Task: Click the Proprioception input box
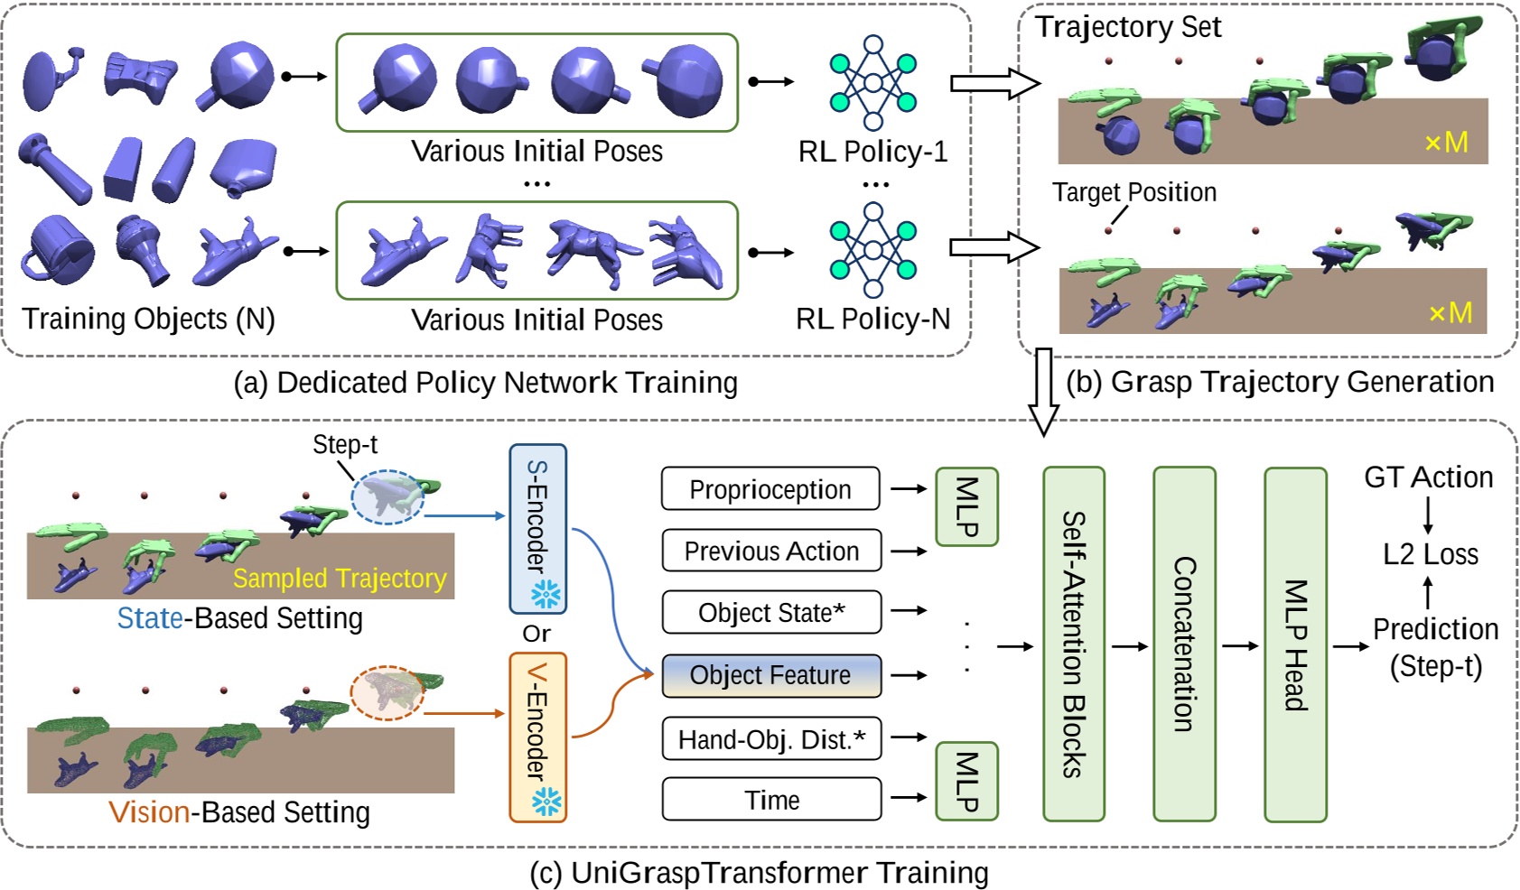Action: click(769, 489)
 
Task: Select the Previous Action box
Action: click(770, 551)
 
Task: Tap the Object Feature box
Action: click(770, 675)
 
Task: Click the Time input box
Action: click(770, 800)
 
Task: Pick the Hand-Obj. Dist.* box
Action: click(770, 739)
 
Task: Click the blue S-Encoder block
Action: click(537, 528)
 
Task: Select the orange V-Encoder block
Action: click(537, 737)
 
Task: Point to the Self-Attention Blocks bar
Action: click(1073, 644)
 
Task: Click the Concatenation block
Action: click(1184, 644)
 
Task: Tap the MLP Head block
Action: click(1295, 644)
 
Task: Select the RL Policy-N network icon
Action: click(872, 250)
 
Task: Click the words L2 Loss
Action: click(1430, 554)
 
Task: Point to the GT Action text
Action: click(1428, 477)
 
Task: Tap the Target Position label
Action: click(1133, 192)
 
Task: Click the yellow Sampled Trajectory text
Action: click(340, 578)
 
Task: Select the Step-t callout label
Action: click(344, 444)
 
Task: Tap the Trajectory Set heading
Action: click(1127, 27)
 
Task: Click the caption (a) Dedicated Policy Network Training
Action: click(485, 383)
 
